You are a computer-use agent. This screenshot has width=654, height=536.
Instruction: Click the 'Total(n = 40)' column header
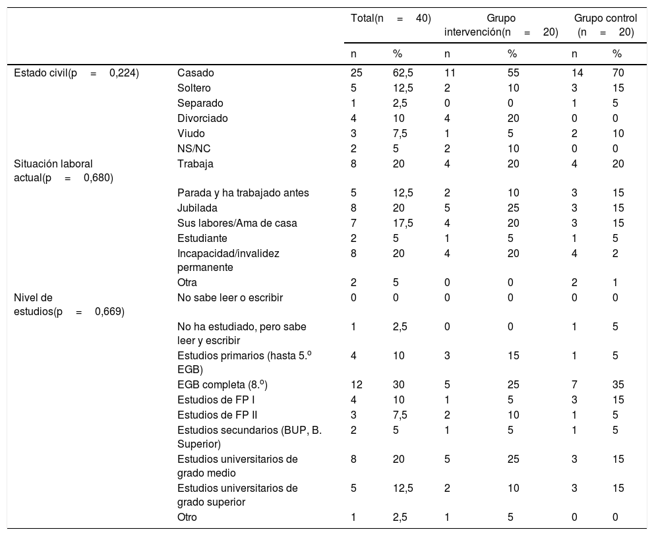[391, 18]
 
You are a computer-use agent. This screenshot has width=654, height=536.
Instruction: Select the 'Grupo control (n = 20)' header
[605, 24]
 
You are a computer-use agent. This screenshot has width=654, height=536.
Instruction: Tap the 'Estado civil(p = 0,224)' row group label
[76, 73]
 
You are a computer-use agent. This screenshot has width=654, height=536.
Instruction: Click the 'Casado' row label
[196, 73]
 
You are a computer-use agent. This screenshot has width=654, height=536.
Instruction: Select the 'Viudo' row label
[191, 134]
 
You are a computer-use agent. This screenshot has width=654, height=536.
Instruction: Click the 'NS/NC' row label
[194, 149]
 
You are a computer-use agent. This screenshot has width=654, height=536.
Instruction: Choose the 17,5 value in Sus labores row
[403, 223]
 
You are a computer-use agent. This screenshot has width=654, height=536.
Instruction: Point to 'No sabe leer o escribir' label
[230, 297]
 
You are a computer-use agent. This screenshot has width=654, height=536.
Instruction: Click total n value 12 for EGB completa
[357, 384]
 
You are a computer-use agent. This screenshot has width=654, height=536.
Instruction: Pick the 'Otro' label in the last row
[187, 518]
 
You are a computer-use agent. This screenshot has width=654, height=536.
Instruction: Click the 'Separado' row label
[200, 104]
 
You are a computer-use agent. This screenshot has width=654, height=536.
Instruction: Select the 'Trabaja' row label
[196, 164]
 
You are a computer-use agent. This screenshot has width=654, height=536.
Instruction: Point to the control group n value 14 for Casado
[578, 73]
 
